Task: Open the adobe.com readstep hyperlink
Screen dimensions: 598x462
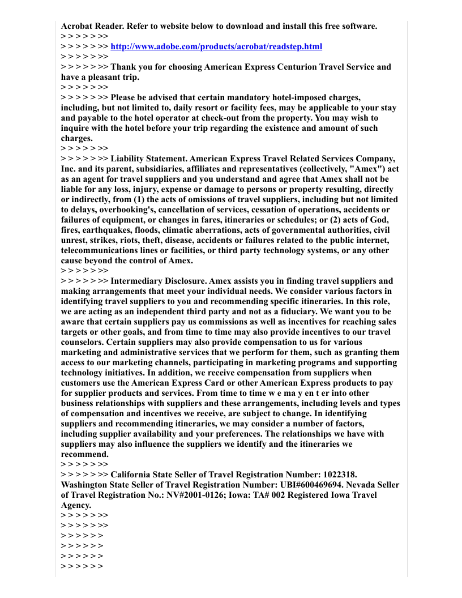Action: point(216,46)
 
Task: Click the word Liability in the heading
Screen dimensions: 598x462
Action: point(129,159)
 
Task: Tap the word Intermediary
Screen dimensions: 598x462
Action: point(136,281)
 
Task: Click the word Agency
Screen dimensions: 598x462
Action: point(75,505)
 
